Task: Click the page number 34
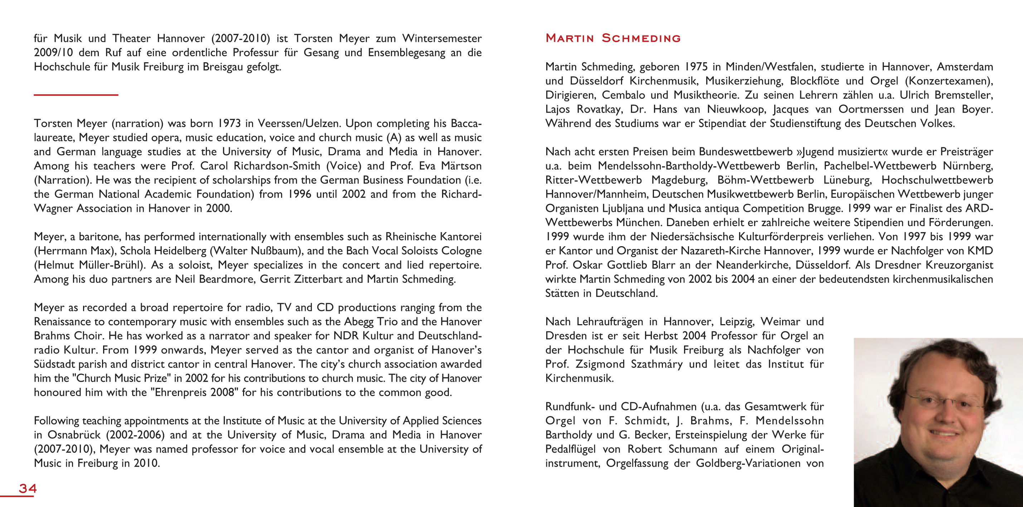pyautogui.click(x=28, y=488)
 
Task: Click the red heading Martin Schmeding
pyautogui.click(x=613, y=38)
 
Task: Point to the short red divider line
pyautogui.click(x=76, y=95)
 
